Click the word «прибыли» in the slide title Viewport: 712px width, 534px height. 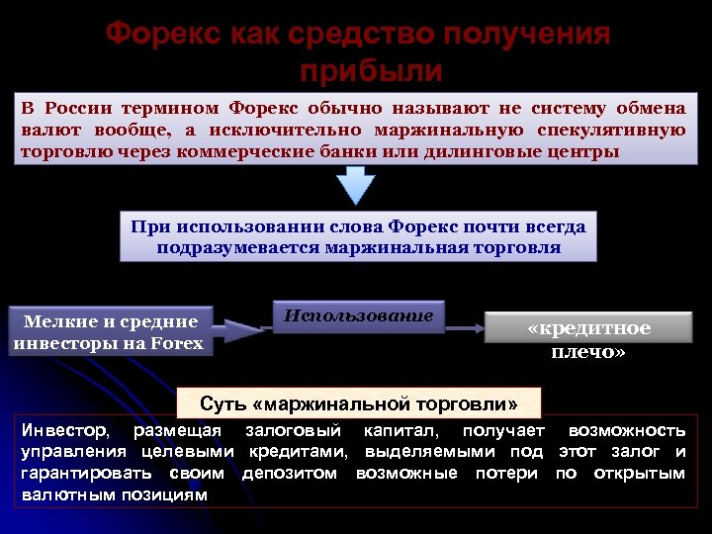[370, 72]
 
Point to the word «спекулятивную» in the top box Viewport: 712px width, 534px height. [612, 131]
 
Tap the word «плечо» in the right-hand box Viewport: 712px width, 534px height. [587, 351]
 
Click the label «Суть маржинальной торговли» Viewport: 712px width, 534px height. [358, 403]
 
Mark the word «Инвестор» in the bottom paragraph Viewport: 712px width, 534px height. [65, 431]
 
